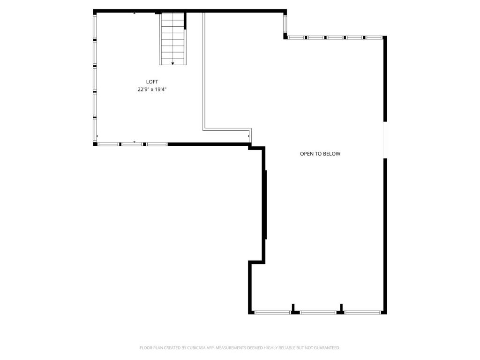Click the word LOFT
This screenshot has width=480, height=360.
pyautogui.click(x=152, y=82)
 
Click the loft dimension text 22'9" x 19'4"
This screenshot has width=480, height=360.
pyautogui.click(x=152, y=90)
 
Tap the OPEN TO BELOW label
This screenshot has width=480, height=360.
pyautogui.click(x=320, y=154)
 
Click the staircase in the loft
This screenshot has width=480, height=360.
pyautogui.click(x=172, y=39)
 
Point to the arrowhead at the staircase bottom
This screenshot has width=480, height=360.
pyautogui.click(x=172, y=63)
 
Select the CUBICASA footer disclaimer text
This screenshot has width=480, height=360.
pyautogui.click(x=240, y=348)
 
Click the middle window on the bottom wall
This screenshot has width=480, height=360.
pyautogui.click(x=318, y=313)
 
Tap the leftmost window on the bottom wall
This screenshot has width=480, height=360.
pyautogui.click(x=272, y=313)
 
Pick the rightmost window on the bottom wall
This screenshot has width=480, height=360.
pyautogui.click(x=363, y=313)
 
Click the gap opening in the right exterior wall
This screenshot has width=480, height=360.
pyautogui.click(x=385, y=140)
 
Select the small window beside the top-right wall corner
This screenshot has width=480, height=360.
pyautogui.click(x=285, y=24)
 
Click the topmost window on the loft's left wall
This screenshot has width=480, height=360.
pyautogui.click(x=95, y=27)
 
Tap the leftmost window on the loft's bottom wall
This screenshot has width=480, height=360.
pyautogui.click(x=108, y=144)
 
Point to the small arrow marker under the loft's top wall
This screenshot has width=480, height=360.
pyautogui.click(x=135, y=13)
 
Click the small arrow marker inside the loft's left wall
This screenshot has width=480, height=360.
pyautogui.click(x=97, y=136)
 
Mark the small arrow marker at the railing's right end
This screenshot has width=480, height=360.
pyautogui.click(x=248, y=136)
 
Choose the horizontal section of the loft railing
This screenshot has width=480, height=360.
pyautogui.click(x=227, y=129)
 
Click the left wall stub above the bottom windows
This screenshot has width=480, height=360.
pyautogui.click(x=293, y=307)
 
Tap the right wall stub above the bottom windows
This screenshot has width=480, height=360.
pyautogui.click(x=341, y=307)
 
